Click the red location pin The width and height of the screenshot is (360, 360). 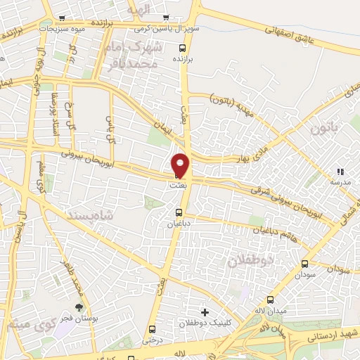point(181,165)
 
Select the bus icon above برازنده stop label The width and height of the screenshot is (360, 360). point(183,49)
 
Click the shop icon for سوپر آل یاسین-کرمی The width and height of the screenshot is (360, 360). point(166,18)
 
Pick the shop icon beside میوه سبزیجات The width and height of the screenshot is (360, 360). point(62,18)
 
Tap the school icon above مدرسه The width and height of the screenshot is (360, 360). point(340,171)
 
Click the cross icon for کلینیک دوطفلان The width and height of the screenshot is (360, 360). point(205,311)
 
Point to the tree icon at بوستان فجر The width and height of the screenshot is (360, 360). point(79,308)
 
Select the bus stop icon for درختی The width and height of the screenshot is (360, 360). point(152,329)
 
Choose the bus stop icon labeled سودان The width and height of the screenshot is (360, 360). point(304,264)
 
